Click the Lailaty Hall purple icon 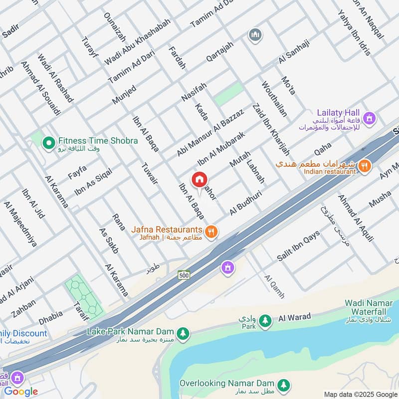click(369, 119)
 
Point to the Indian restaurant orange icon click(365, 166)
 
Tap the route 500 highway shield click(184, 275)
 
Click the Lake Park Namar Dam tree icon click(184, 333)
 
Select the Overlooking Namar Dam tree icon click(283, 385)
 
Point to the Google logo click(21, 391)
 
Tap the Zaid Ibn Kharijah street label click(271, 128)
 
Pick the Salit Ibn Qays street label click(298, 247)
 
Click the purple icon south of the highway click(228, 268)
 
